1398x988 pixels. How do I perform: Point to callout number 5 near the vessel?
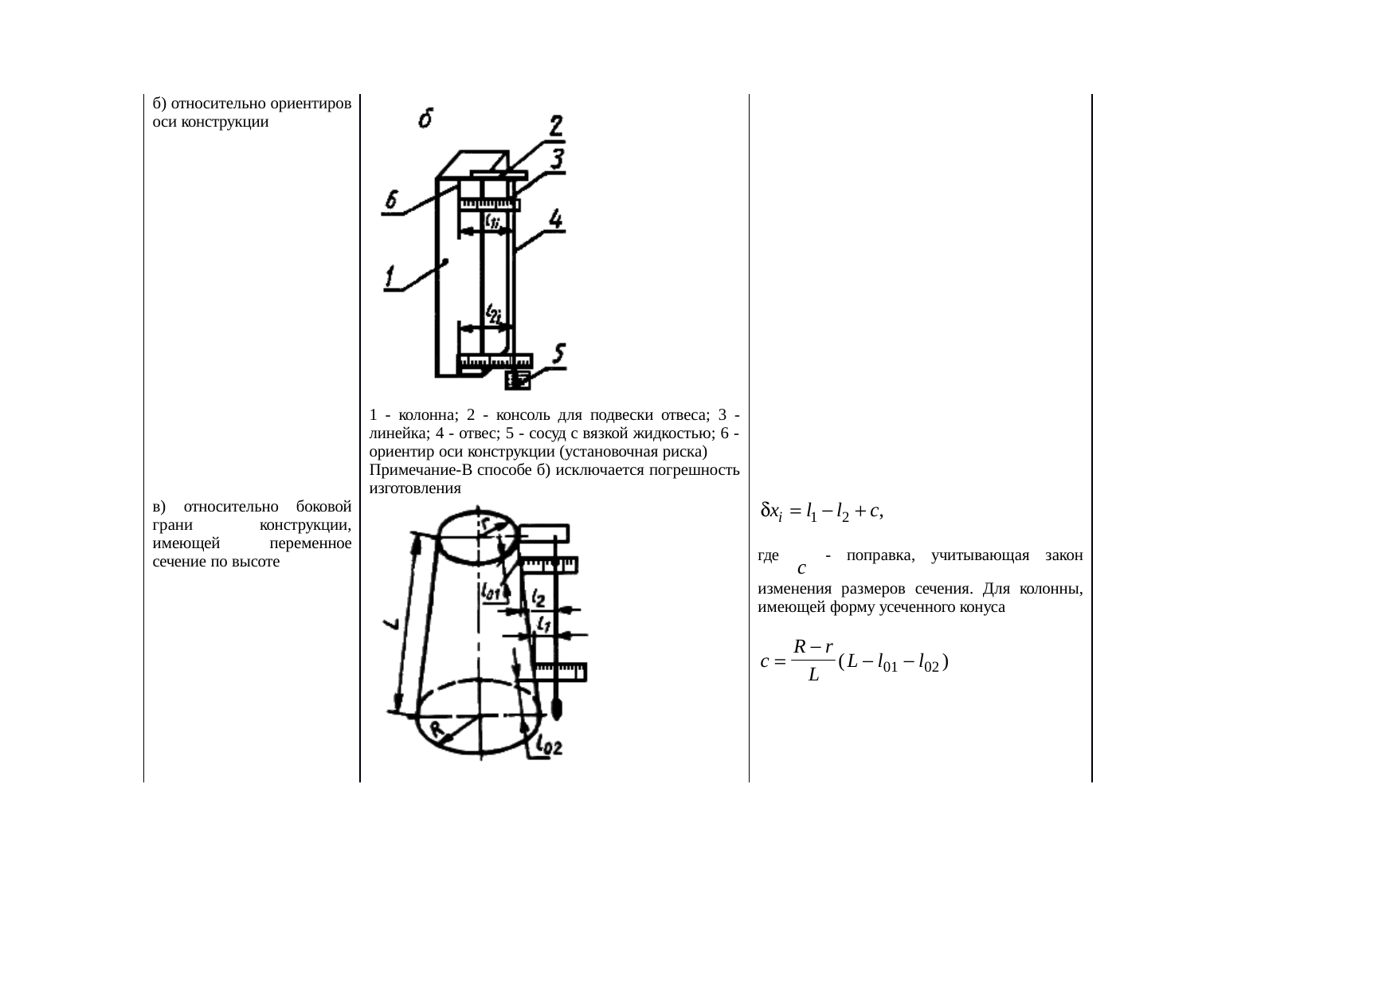coord(559,355)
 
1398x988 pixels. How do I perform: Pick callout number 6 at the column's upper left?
coord(392,202)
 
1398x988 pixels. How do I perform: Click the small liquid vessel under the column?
coord(517,381)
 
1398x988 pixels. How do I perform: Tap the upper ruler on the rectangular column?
coord(488,206)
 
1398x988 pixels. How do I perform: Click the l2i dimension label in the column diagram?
coord(494,313)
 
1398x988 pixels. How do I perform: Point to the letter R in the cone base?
coord(437,728)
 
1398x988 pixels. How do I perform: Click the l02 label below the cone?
coord(550,746)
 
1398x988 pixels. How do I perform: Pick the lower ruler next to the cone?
coord(560,672)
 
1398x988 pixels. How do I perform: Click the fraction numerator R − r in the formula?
coord(813,646)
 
